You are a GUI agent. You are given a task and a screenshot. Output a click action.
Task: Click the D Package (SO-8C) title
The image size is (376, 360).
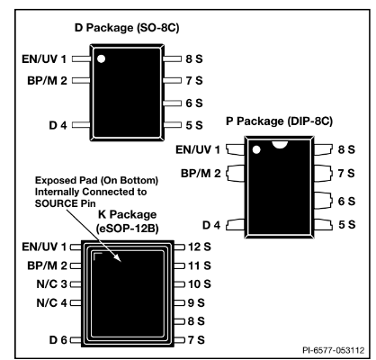(x=127, y=28)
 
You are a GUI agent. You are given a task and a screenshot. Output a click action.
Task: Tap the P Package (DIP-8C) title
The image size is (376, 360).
(x=279, y=121)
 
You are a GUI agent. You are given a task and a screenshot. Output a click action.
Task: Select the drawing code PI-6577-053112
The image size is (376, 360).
(x=334, y=350)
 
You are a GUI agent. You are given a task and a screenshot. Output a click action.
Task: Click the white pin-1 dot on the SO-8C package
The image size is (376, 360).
(x=102, y=58)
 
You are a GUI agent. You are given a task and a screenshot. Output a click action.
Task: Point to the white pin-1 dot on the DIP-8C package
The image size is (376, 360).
(x=256, y=149)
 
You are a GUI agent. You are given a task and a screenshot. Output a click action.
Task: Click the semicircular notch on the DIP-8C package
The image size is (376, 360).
(x=280, y=144)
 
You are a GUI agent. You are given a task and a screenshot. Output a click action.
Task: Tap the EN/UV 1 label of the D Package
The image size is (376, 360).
(x=44, y=59)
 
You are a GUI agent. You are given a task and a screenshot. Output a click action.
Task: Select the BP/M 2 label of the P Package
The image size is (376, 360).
(x=201, y=174)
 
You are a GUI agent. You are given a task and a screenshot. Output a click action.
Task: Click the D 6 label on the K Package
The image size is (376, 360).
(x=58, y=340)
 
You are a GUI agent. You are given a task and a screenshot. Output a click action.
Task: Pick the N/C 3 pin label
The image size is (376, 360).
(x=51, y=284)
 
